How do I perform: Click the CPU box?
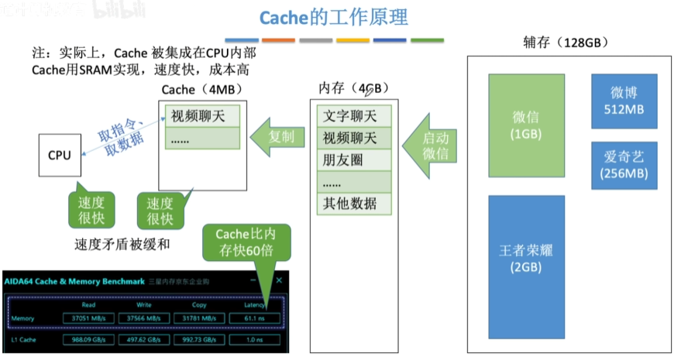pos(60,155)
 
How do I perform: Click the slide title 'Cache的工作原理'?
pos(333,17)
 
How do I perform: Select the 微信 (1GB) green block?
pos(526,125)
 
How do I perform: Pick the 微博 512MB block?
pos(624,101)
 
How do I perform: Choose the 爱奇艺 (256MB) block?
pos(624,165)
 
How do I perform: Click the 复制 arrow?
pos(275,136)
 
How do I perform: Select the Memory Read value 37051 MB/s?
pos(89,317)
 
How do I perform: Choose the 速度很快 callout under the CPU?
pos(91,209)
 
